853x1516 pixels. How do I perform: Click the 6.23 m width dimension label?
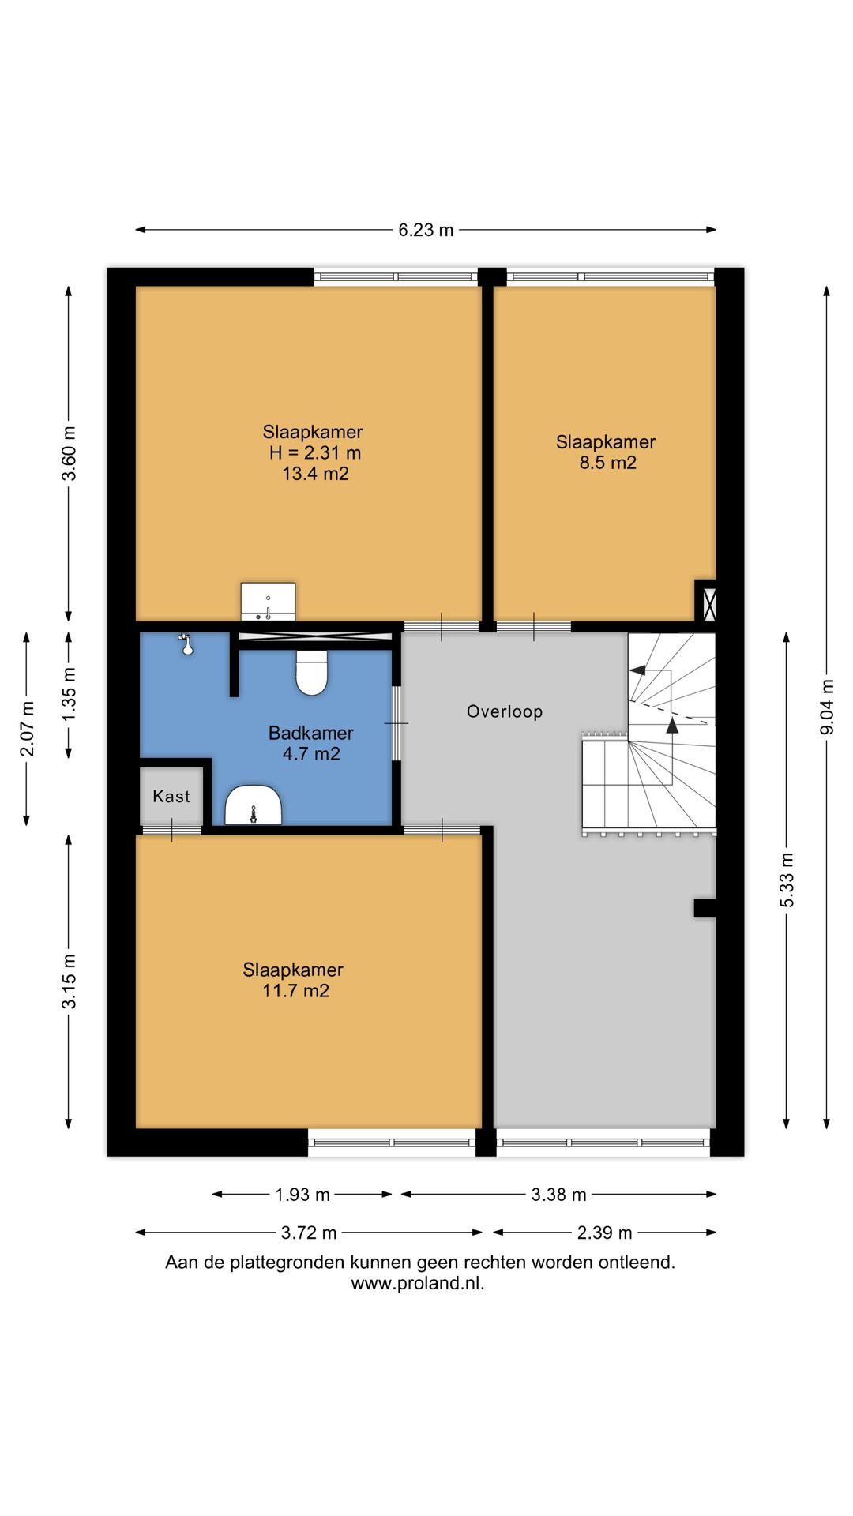[426, 230]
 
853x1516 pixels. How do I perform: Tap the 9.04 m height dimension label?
[827, 707]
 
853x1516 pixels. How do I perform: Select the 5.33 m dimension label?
[787, 880]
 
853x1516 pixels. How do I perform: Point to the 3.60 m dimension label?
[70, 453]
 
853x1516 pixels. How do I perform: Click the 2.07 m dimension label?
[27, 728]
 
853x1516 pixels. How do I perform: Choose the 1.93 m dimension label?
[302, 1195]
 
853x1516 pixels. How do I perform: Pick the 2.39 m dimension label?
[604, 1233]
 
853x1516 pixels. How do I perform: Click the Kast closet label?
[171, 796]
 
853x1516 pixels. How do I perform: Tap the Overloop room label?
[505, 711]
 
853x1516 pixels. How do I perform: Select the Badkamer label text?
[310, 733]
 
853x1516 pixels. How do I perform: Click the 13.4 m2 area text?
[315, 474]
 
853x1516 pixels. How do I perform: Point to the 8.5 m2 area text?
[607, 463]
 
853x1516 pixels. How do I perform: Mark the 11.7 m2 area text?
[295, 991]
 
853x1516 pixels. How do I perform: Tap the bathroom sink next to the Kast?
[254, 805]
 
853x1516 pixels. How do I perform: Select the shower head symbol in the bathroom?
[186, 644]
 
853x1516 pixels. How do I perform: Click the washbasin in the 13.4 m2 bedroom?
[268, 602]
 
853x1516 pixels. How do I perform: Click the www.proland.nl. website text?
[418, 1283]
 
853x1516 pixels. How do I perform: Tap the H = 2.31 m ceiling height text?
[315, 452]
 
